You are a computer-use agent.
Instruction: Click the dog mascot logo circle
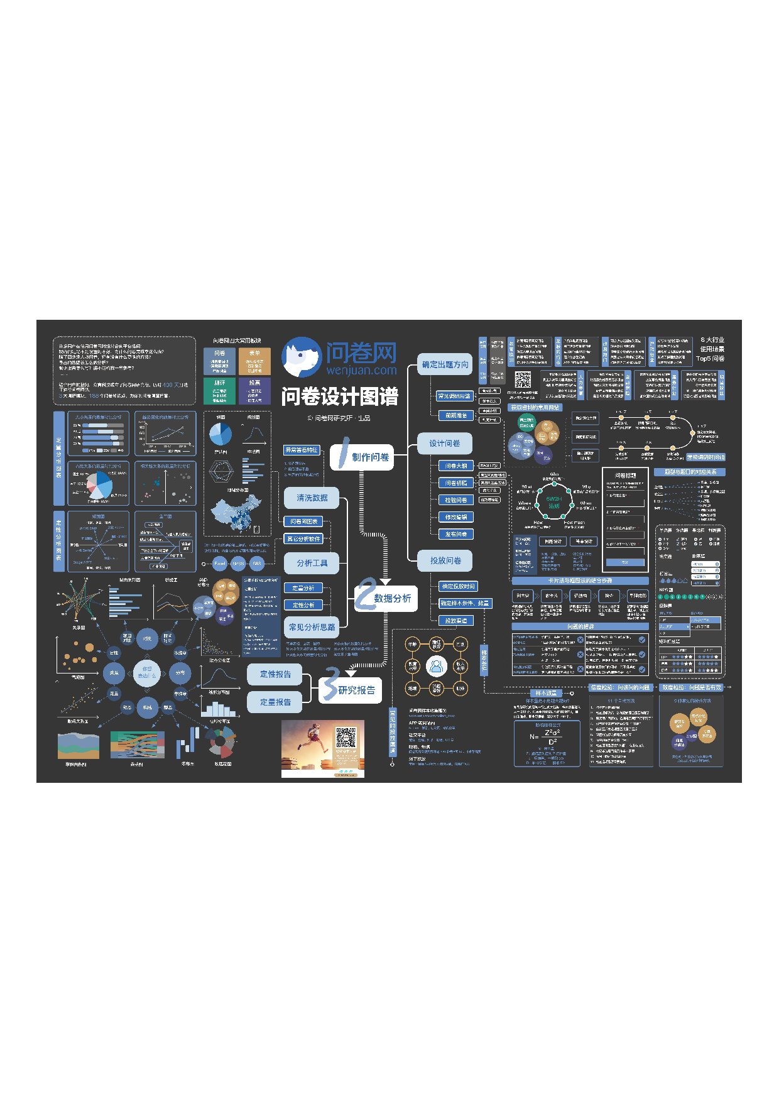point(302,356)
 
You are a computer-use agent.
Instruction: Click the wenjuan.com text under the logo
point(361,370)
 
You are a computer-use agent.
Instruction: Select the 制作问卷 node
point(370,457)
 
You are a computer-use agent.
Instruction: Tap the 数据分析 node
point(392,598)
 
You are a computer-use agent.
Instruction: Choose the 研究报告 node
point(356,690)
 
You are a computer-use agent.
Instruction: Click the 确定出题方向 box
point(445,364)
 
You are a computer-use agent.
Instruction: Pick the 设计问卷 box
point(445,444)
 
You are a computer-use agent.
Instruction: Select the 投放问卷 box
point(445,560)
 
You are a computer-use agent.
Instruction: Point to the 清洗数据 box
point(312,498)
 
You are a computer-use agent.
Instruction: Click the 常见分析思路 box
point(312,627)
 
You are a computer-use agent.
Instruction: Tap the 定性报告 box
point(275,674)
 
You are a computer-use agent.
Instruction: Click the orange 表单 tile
point(254,361)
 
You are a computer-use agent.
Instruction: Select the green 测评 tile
point(219,391)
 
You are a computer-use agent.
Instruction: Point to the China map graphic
point(237,513)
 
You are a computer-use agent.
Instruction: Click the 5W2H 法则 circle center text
point(554,502)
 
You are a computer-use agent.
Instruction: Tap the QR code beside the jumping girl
point(346,738)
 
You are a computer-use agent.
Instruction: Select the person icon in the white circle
point(436,667)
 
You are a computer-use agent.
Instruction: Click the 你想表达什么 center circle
point(147,672)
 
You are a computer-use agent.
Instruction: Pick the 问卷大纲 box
point(456,466)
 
